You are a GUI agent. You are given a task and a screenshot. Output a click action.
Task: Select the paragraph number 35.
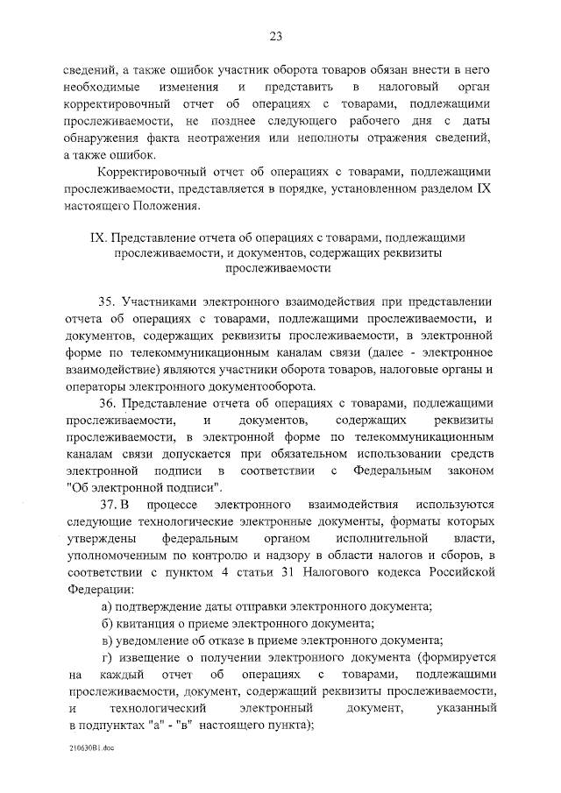coord(108,301)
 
